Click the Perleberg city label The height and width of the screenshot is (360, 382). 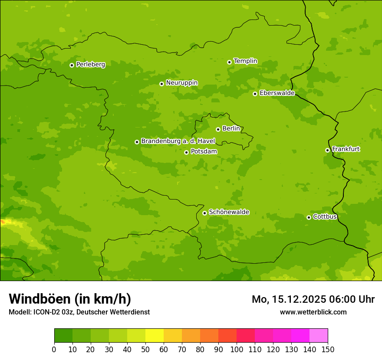(x=90, y=65)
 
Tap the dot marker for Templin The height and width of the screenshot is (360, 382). (x=229, y=62)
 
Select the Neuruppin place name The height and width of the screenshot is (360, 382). (x=181, y=83)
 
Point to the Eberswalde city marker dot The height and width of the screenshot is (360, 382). (x=255, y=94)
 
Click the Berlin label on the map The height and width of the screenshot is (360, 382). (x=231, y=129)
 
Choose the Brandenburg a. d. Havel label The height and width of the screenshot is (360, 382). (x=178, y=141)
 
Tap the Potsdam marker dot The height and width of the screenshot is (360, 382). (x=186, y=152)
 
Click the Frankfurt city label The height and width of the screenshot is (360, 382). (x=346, y=149)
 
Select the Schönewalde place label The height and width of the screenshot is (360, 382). (x=229, y=212)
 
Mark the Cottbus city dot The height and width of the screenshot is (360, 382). (x=309, y=217)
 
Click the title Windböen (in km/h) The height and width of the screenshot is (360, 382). (x=70, y=299)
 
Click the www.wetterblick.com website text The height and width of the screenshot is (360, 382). (x=313, y=312)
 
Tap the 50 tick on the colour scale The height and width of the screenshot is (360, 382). (x=145, y=349)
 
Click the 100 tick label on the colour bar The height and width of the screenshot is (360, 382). (x=237, y=349)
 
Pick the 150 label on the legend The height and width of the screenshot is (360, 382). (x=328, y=349)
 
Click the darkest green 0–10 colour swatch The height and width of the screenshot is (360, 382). (x=63, y=336)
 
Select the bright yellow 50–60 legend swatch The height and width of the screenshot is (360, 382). (x=155, y=336)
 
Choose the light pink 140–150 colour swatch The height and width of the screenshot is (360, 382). (x=319, y=336)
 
